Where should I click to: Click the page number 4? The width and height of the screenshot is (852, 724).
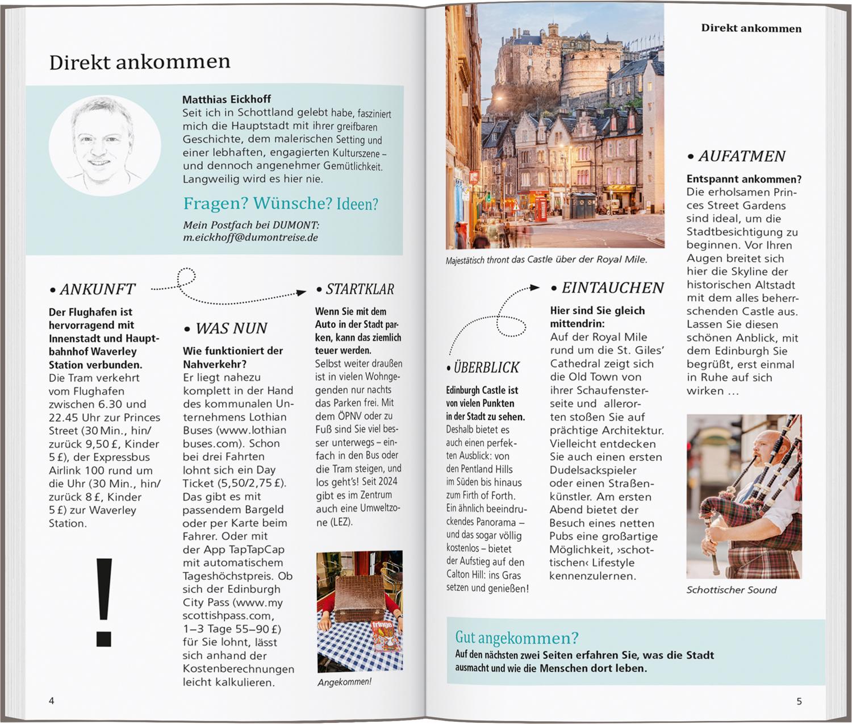52,701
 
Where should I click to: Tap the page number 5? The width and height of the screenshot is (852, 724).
799,701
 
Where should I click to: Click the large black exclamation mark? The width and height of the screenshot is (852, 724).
104,602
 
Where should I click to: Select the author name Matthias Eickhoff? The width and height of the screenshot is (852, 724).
227,99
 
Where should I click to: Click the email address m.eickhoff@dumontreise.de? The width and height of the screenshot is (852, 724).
250,238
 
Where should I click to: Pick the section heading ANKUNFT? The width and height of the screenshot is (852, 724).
97,289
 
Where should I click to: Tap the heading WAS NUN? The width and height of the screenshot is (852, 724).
231,328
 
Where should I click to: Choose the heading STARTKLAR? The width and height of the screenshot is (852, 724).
360,289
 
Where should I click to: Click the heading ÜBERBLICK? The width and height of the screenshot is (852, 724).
486,368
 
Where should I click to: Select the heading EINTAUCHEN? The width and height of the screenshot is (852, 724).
612,288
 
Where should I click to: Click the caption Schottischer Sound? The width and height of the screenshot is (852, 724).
731,590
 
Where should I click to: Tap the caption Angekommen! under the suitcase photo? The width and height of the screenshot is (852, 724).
344,682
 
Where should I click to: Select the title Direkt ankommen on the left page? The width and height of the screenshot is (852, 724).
140,62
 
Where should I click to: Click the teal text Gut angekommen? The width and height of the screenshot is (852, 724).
517,638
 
